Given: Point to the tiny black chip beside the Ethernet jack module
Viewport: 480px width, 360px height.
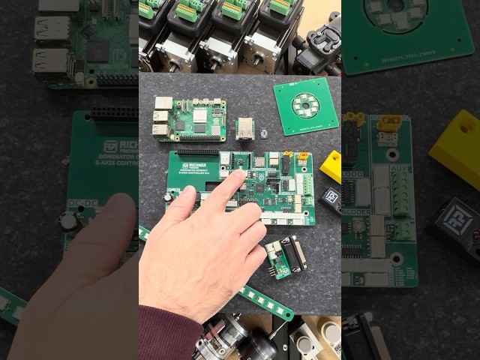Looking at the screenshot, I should pyautogui.click(x=265, y=132).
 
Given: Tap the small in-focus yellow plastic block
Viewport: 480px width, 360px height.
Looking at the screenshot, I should pyautogui.click(x=331, y=164).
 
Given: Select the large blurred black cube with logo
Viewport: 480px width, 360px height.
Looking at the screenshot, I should pyautogui.click(x=457, y=229).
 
